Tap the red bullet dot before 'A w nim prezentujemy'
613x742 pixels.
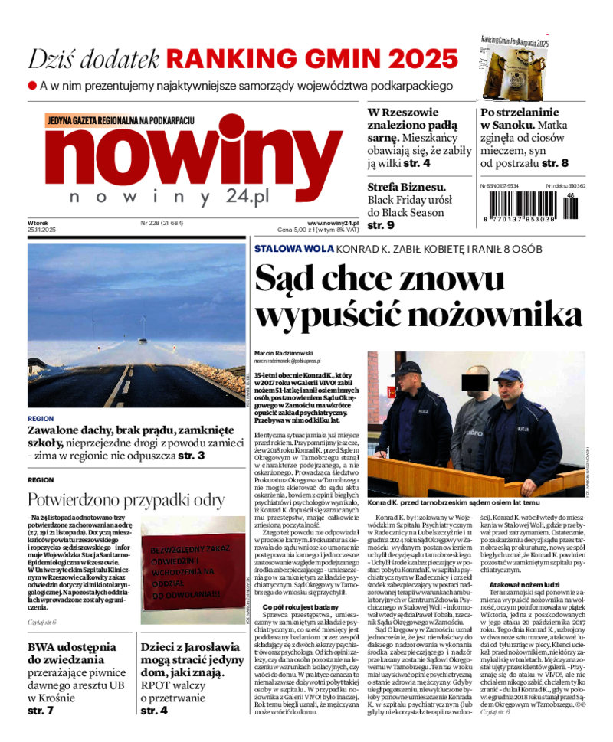point(32,86)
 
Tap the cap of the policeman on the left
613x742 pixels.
point(406,369)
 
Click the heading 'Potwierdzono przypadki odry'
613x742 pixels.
point(126,500)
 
